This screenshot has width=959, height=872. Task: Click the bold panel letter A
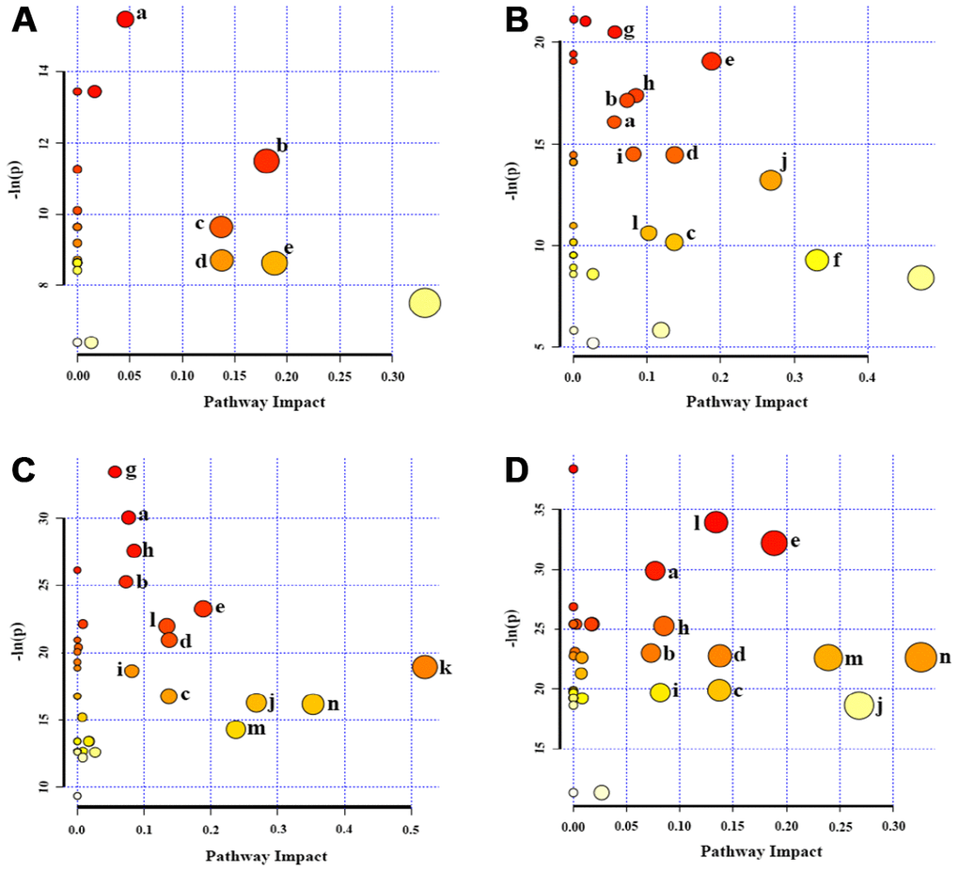point(24,20)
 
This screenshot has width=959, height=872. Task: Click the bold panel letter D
point(517,469)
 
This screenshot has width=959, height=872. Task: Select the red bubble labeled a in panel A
point(125,19)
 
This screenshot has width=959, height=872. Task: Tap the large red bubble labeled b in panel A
point(267,161)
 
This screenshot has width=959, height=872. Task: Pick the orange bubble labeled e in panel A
point(274,263)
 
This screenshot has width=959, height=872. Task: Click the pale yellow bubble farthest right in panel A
point(425,302)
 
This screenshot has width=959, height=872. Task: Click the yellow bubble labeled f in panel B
point(816,260)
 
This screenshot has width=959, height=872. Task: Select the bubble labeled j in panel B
point(771,180)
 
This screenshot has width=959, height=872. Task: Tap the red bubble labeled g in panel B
point(615,32)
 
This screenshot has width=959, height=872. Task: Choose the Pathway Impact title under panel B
point(747,401)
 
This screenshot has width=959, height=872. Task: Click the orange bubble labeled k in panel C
point(424,667)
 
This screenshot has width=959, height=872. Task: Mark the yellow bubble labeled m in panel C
point(236,729)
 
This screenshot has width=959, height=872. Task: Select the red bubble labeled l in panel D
point(716,522)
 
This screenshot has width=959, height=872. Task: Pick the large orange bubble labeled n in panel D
point(920,657)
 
